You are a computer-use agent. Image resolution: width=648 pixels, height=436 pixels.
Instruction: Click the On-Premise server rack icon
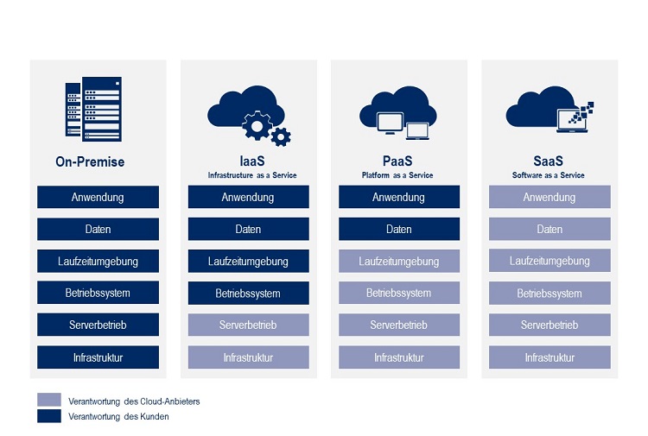tap(94, 109)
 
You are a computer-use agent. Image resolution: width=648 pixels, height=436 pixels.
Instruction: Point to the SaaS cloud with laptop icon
tap(550, 111)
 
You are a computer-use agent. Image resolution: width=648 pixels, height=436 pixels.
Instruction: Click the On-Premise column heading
tap(90, 161)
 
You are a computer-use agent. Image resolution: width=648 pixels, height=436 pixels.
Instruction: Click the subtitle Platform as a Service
tap(397, 175)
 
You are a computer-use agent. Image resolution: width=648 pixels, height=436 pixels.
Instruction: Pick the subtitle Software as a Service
tap(548, 175)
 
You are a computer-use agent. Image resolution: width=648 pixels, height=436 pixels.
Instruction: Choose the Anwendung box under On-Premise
tap(98, 197)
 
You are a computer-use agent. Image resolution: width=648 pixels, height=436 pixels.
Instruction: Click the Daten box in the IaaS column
tap(248, 229)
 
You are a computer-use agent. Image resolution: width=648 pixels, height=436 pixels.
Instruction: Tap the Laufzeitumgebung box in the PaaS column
tap(398, 261)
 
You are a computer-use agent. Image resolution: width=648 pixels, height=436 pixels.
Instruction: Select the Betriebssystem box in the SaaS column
tap(550, 293)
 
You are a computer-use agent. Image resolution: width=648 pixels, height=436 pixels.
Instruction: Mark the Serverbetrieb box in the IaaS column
tap(248, 325)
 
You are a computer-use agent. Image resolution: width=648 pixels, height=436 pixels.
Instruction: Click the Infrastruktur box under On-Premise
tap(98, 357)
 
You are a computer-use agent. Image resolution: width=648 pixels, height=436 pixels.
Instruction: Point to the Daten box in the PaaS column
tap(398, 229)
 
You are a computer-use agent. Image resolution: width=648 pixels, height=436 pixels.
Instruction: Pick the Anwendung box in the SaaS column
tap(550, 197)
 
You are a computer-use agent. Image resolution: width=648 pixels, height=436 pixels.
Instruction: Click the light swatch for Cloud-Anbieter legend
tap(49, 401)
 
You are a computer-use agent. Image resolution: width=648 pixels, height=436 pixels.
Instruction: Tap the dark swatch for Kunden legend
tap(49, 416)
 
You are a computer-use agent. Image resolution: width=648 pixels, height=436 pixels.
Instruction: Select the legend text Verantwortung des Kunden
tap(118, 417)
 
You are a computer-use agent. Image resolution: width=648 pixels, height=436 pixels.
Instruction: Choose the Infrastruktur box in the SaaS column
tap(550, 357)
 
